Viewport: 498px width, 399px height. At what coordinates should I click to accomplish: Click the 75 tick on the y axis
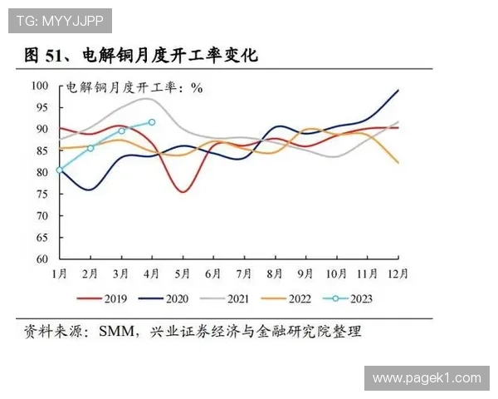(x=41, y=194)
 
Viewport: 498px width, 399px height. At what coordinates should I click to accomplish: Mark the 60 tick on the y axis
(x=41, y=259)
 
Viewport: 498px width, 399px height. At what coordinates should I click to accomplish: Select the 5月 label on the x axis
(x=182, y=272)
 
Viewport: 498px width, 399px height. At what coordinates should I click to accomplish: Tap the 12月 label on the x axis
(x=398, y=272)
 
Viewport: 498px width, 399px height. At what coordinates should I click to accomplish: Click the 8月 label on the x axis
(x=275, y=272)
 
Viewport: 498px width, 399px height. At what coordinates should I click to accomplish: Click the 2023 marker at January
(x=60, y=170)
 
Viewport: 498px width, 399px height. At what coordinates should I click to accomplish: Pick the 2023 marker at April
(x=152, y=122)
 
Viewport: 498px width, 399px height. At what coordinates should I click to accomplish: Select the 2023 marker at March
(x=122, y=131)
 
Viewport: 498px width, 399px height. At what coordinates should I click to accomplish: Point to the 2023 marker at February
(x=90, y=148)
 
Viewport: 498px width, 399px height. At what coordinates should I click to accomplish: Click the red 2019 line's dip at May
(x=183, y=192)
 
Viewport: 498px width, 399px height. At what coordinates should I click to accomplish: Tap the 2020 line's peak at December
(x=398, y=90)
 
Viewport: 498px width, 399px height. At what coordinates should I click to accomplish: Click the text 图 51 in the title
(x=44, y=57)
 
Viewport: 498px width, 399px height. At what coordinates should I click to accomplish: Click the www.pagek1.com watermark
(x=426, y=378)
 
